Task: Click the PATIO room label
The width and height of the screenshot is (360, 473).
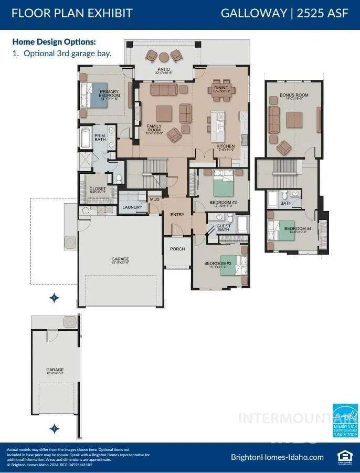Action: point(163,69)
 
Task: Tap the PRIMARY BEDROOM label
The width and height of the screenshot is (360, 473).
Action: point(109,93)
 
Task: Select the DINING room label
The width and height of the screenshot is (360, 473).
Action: point(221,88)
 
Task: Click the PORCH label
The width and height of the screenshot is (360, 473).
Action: point(177,249)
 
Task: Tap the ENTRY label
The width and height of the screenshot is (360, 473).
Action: point(177,215)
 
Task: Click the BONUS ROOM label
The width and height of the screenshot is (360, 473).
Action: point(294,95)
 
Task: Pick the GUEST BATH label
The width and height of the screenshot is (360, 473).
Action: point(224,227)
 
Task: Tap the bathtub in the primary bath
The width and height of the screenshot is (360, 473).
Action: point(86,138)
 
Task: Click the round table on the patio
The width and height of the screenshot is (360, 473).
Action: point(163,57)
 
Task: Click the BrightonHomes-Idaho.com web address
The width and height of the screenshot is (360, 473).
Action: point(277,457)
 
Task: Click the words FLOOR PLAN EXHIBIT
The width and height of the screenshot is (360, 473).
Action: point(72,13)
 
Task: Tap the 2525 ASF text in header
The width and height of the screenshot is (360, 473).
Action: point(322,13)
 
